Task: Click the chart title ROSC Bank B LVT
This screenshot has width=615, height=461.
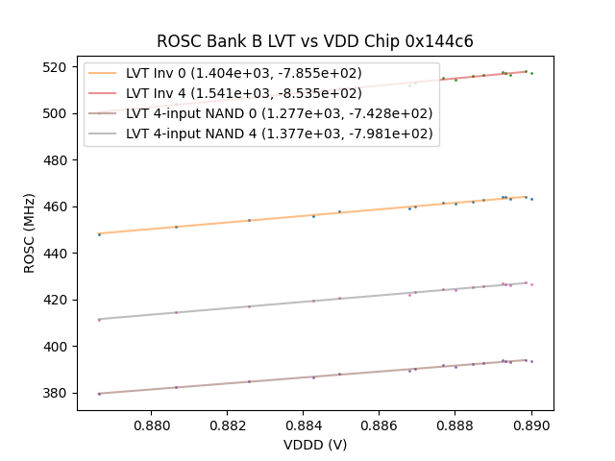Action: click(315, 42)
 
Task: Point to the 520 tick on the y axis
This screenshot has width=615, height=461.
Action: click(59, 67)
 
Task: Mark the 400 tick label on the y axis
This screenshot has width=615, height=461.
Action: click(59, 347)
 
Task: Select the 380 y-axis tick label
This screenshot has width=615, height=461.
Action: click(59, 393)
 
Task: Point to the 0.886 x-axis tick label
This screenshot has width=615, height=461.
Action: click(380, 424)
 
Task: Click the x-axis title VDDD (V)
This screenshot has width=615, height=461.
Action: click(315, 445)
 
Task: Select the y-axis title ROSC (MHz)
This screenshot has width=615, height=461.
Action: click(30, 231)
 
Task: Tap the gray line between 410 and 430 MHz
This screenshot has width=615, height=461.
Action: click(288, 303)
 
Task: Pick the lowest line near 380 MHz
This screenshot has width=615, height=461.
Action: click(288, 377)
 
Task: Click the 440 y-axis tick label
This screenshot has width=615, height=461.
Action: click(59, 254)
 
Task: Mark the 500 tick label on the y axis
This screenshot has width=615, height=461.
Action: click(59, 113)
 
